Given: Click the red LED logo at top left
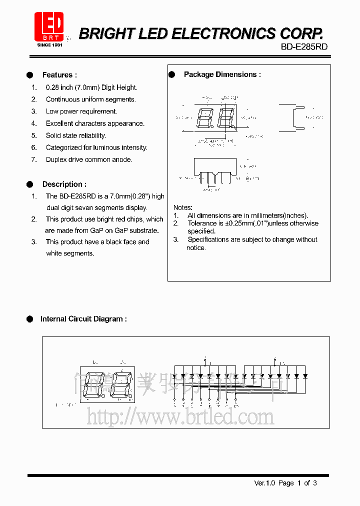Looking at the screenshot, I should click(x=48, y=26).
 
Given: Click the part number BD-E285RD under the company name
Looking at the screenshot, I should click(x=301, y=46).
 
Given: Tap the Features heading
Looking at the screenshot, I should click(x=59, y=75).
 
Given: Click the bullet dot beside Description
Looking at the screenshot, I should click(x=30, y=184).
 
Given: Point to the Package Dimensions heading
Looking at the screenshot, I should click(x=222, y=74).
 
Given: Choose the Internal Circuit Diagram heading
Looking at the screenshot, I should click(x=83, y=319).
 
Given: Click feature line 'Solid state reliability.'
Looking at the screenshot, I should click(x=75, y=135).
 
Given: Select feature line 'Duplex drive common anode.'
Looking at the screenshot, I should click(x=89, y=159).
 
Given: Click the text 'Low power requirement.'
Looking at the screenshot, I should click(x=81, y=111).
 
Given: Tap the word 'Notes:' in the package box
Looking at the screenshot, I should click(x=183, y=207).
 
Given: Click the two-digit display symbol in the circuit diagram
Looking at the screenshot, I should click(x=108, y=385).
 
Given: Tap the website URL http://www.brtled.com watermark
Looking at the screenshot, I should click(x=180, y=416).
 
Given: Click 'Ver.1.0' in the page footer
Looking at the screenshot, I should click(x=265, y=483).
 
